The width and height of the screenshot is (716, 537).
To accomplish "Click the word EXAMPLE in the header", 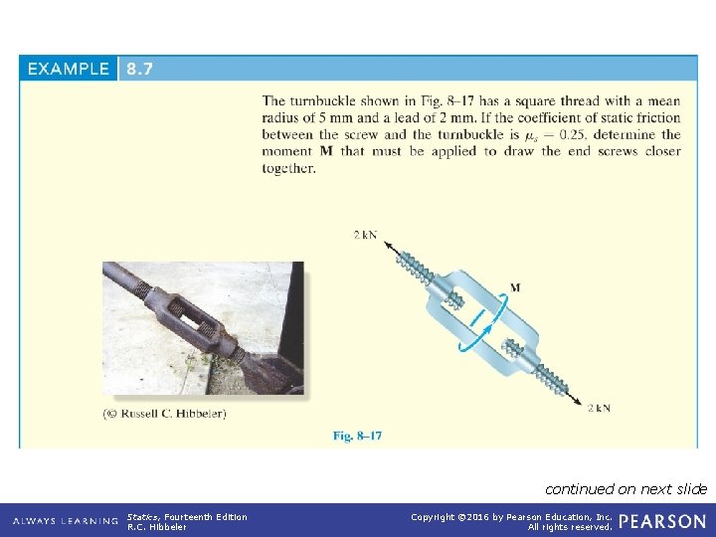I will click(69, 69).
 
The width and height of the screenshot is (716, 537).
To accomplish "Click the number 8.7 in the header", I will click(138, 69).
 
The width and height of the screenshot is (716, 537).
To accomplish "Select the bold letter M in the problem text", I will click(326, 151).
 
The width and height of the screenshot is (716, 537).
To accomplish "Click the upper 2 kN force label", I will click(365, 236).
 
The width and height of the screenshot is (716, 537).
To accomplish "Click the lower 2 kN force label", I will click(600, 408).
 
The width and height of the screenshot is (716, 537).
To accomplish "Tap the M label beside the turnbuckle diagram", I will click(514, 287).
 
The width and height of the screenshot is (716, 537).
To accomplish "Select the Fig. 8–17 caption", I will click(357, 436).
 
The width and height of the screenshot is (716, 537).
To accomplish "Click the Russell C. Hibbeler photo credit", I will click(165, 413).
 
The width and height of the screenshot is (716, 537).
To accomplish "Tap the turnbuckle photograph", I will click(203, 328).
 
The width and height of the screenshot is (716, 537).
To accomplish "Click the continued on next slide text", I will click(626, 488).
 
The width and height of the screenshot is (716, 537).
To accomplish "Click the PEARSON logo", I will click(662, 521).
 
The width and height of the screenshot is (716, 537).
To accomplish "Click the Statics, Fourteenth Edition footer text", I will click(187, 516).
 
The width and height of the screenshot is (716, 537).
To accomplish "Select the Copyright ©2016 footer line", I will click(512, 516).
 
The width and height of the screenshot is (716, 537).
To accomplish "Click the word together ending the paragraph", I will click(288, 168).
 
